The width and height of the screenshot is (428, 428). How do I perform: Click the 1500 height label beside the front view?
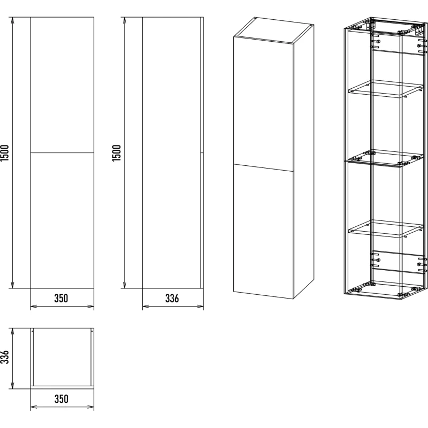coord(5,152)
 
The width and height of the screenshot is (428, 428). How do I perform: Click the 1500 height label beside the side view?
coord(117,153)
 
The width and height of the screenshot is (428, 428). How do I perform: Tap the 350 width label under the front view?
coord(61,299)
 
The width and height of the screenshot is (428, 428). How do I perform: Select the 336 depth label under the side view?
coord(172,299)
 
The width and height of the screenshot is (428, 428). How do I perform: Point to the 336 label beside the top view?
coord(5,357)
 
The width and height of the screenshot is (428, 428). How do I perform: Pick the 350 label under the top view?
coord(62,399)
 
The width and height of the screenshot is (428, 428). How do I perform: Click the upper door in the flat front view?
coord(62,85)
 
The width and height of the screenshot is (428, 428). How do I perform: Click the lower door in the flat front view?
coord(62,220)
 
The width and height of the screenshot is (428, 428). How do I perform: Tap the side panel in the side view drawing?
coord(171,153)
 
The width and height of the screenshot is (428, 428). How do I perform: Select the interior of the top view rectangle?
coord(62,357)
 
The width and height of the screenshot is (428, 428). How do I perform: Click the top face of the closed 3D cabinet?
coord(274,30)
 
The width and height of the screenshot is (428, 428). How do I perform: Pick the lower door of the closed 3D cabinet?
coord(264,232)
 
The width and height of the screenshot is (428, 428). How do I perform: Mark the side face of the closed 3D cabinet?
coord(304,161)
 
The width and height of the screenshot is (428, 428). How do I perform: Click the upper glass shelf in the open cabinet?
coord(386,89)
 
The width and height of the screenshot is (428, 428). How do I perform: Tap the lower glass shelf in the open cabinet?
coord(386,229)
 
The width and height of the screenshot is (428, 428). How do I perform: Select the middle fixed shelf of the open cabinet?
coord(386,158)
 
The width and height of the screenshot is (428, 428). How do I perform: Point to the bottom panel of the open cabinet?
coord(386,290)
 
